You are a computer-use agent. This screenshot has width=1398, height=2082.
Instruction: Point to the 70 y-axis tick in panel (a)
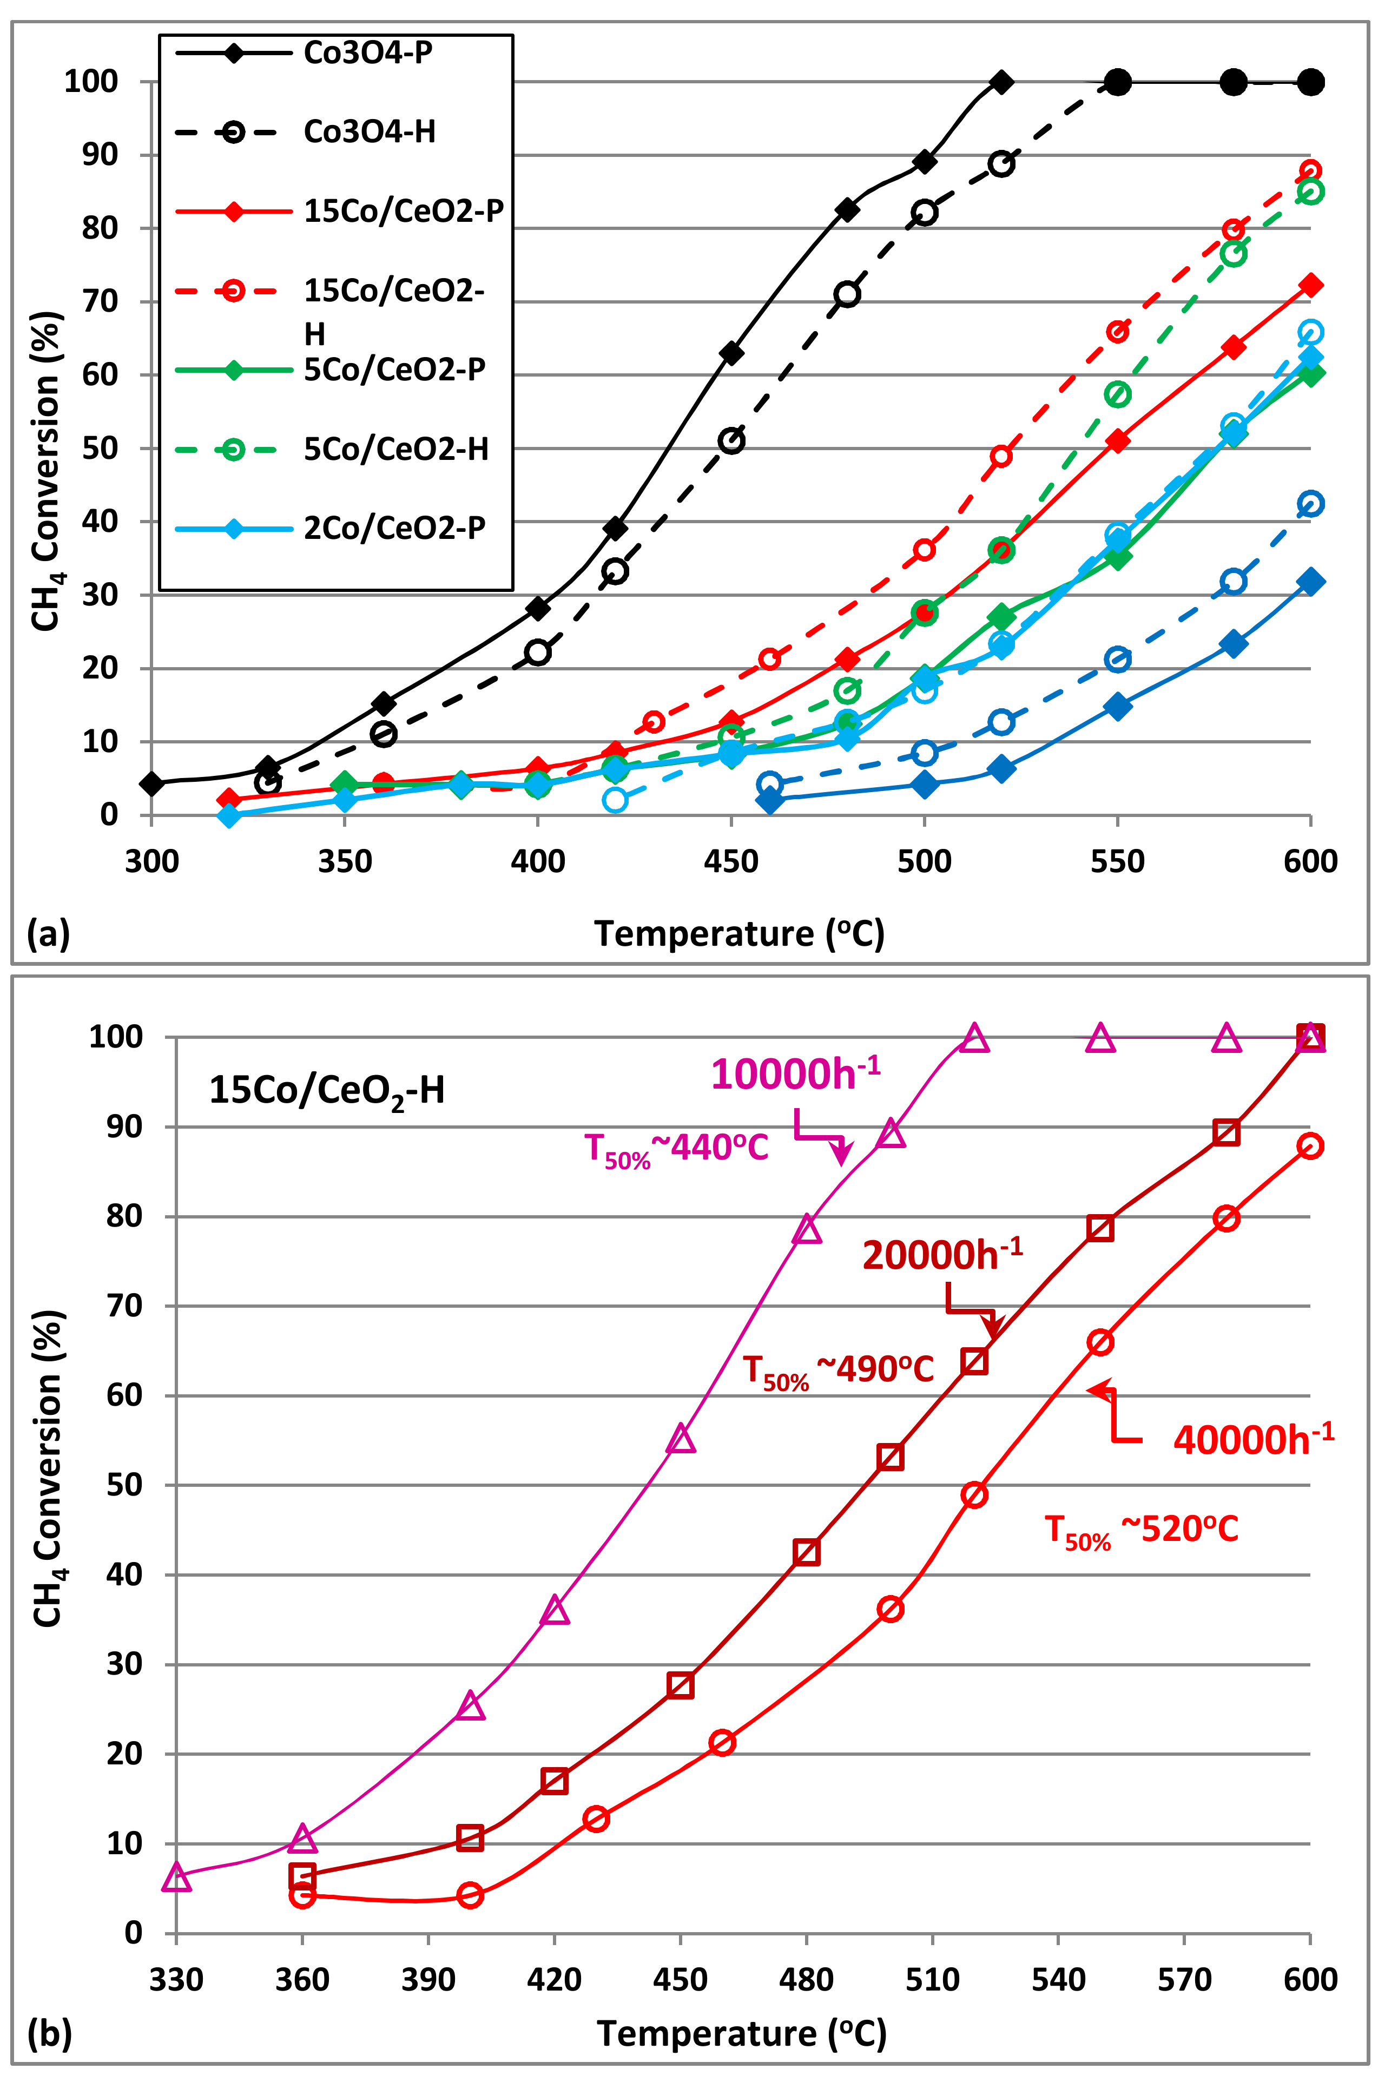[100, 301]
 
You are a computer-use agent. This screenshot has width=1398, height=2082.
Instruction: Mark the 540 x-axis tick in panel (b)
[1058, 1980]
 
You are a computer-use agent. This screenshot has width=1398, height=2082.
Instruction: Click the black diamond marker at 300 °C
[151, 784]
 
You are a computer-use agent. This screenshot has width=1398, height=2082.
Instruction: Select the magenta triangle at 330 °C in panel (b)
[176, 1877]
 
